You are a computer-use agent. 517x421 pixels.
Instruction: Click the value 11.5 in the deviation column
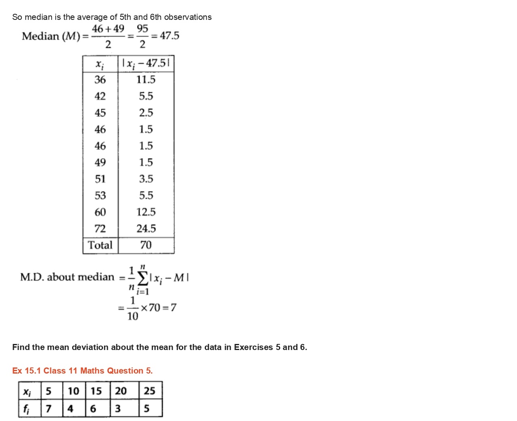tap(146, 79)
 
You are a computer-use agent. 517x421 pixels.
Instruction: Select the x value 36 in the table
tap(100, 79)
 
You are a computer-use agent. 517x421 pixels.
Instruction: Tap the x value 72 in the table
tap(100, 229)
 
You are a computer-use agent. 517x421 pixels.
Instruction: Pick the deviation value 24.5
tap(146, 229)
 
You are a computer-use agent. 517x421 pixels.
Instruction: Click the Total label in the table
tap(100, 245)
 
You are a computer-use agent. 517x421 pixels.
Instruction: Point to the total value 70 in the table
tap(146, 245)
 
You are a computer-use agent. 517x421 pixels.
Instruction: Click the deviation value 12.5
tap(146, 212)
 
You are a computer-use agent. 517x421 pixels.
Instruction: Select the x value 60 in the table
tap(100, 212)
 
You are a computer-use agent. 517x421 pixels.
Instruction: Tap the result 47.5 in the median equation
tap(169, 36)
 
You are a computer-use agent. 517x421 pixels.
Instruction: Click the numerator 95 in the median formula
tap(142, 29)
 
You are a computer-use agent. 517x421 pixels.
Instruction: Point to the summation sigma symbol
tap(143, 278)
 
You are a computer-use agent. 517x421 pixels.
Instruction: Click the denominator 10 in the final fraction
tap(133, 316)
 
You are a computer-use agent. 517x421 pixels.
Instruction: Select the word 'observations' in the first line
tap(188, 17)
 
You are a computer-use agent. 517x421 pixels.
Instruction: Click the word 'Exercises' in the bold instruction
tap(253, 347)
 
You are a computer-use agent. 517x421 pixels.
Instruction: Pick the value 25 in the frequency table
tap(150, 391)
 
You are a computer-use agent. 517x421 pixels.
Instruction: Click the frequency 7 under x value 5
tap(49, 408)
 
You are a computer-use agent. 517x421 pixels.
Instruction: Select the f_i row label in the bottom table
tap(26, 409)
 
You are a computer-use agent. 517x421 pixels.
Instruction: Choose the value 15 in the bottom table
tap(96, 391)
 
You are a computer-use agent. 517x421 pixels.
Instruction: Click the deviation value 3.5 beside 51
tap(146, 179)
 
